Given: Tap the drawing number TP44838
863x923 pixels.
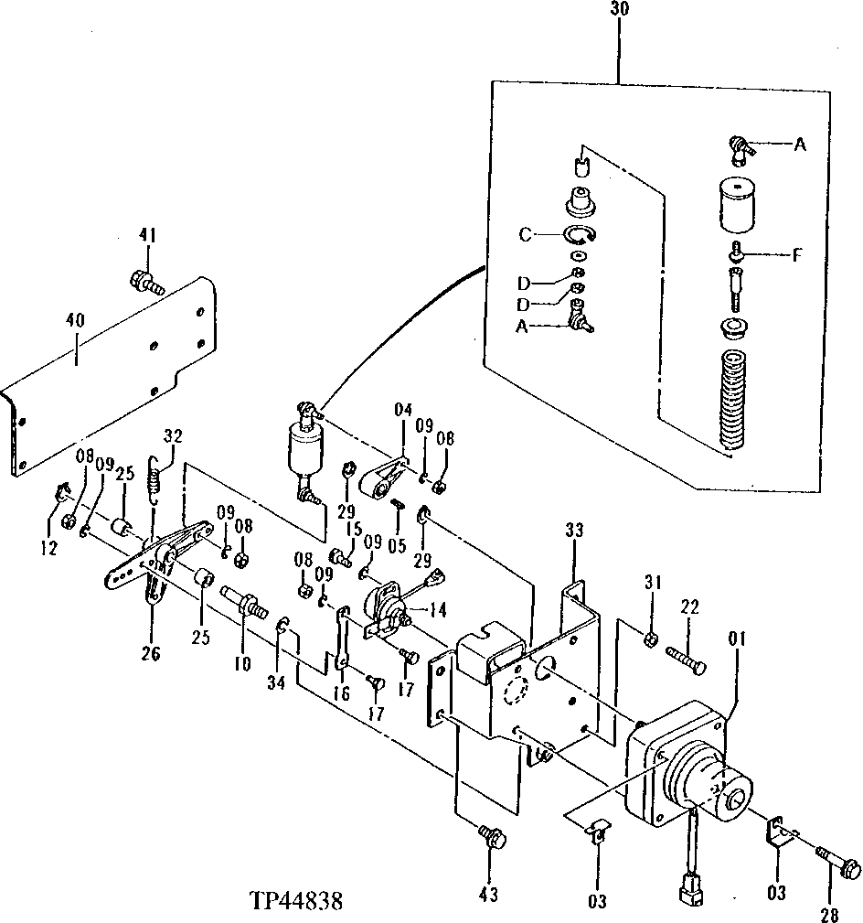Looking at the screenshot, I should click(295, 902).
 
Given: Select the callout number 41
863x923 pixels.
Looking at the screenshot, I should click(148, 236).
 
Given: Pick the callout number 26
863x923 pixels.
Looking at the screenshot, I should click(151, 653).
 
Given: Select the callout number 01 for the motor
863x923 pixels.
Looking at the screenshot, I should click(738, 634).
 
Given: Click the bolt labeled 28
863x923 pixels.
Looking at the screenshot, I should click(836, 861).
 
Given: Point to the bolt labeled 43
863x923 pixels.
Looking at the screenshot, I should click(490, 835).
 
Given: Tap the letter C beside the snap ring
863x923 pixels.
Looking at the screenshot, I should click(525, 235).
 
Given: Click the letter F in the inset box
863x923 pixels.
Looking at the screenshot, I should click(796, 255).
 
